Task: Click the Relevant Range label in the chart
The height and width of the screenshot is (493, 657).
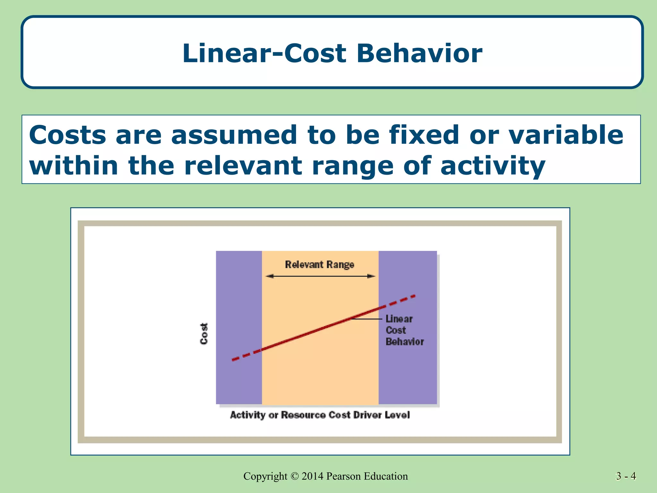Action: (x=320, y=264)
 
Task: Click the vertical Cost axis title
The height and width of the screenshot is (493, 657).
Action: (x=204, y=333)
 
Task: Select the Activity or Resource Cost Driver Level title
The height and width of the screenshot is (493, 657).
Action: (x=320, y=415)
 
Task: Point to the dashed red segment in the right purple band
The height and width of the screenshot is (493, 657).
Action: (x=398, y=301)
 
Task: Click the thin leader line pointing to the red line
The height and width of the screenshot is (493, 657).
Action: (x=367, y=319)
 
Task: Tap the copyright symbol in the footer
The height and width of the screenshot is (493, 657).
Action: (x=294, y=476)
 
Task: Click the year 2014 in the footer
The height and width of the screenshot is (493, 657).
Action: (x=312, y=476)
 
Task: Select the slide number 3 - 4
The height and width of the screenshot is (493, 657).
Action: (x=626, y=476)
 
